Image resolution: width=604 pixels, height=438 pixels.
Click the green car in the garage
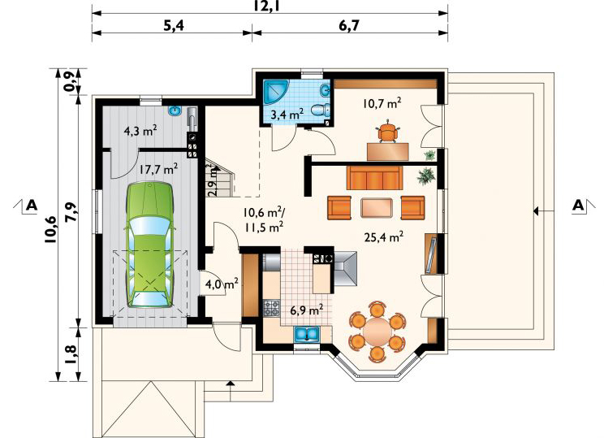click(149, 245)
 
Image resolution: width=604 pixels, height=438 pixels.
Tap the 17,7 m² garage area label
click(158, 169)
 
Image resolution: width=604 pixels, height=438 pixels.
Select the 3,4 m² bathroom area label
click(287, 114)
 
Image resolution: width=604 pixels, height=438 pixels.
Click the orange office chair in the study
click(387, 132)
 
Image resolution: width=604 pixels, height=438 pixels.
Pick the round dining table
click(377, 332)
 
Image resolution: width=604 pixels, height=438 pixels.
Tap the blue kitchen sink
click(307, 334)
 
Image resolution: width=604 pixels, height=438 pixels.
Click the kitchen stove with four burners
click(272, 308)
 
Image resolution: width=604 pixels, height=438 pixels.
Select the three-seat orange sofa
click(374, 178)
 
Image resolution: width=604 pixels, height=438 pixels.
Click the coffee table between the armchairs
click(377, 208)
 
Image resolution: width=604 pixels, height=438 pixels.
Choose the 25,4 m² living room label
click(384, 236)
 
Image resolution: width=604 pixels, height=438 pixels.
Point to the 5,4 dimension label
click(174, 25)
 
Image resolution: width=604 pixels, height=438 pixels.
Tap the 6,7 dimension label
click(348, 25)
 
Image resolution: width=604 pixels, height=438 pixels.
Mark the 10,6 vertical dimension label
click(50, 229)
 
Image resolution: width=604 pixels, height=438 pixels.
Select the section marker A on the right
click(578, 205)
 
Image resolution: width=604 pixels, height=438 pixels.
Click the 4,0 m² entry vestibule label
click(222, 284)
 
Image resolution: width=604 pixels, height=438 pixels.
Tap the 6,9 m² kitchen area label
click(306, 310)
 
